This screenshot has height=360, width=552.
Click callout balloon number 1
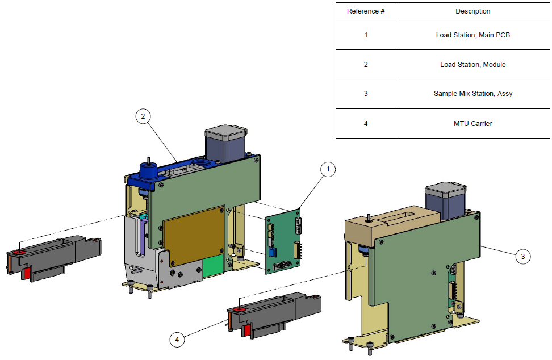pyautogui.click(x=328, y=169)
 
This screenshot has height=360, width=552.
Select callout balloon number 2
pyautogui.click(x=143, y=116)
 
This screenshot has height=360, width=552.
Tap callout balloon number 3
pyautogui.click(x=523, y=257)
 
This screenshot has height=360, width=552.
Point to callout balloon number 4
pyautogui.click(x=177, y=340)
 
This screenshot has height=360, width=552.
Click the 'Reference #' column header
pyautogui.click(x=366, y=11)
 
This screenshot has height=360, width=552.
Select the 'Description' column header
pyautogui.click(x=472, y=11)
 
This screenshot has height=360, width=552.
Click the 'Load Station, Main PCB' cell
pyautogui.click(x=472, y=35)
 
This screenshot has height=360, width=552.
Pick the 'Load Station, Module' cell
pyautogui.click(x=472, y=65)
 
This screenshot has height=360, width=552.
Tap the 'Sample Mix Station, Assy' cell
pyautogui.click(x=472, y=94)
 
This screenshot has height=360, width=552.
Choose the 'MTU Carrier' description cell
pyautogui.click(x=472, y=123)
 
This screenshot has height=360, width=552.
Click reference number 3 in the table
pyautogui.click(x=366, y=94)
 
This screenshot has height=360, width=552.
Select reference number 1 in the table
pyautogui.click(x=366, y=35)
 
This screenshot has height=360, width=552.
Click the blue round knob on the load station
pyautogui.click(x=148, y=171)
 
